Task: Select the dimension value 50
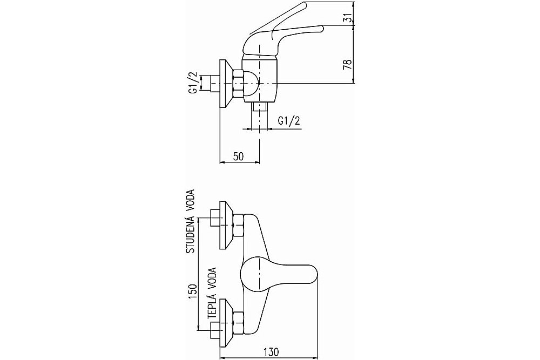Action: (238, 157)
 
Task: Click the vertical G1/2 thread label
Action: (193, 83)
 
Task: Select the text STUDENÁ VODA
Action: (191, 221)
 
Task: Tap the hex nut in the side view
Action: (239, 84)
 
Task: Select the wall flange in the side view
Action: (226, 84)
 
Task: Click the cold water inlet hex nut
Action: (239, 225)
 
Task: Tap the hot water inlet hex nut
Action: (239, 323)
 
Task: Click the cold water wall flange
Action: (226, 225)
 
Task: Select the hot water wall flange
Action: (226, 323)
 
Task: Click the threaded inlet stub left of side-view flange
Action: (215, 84)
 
